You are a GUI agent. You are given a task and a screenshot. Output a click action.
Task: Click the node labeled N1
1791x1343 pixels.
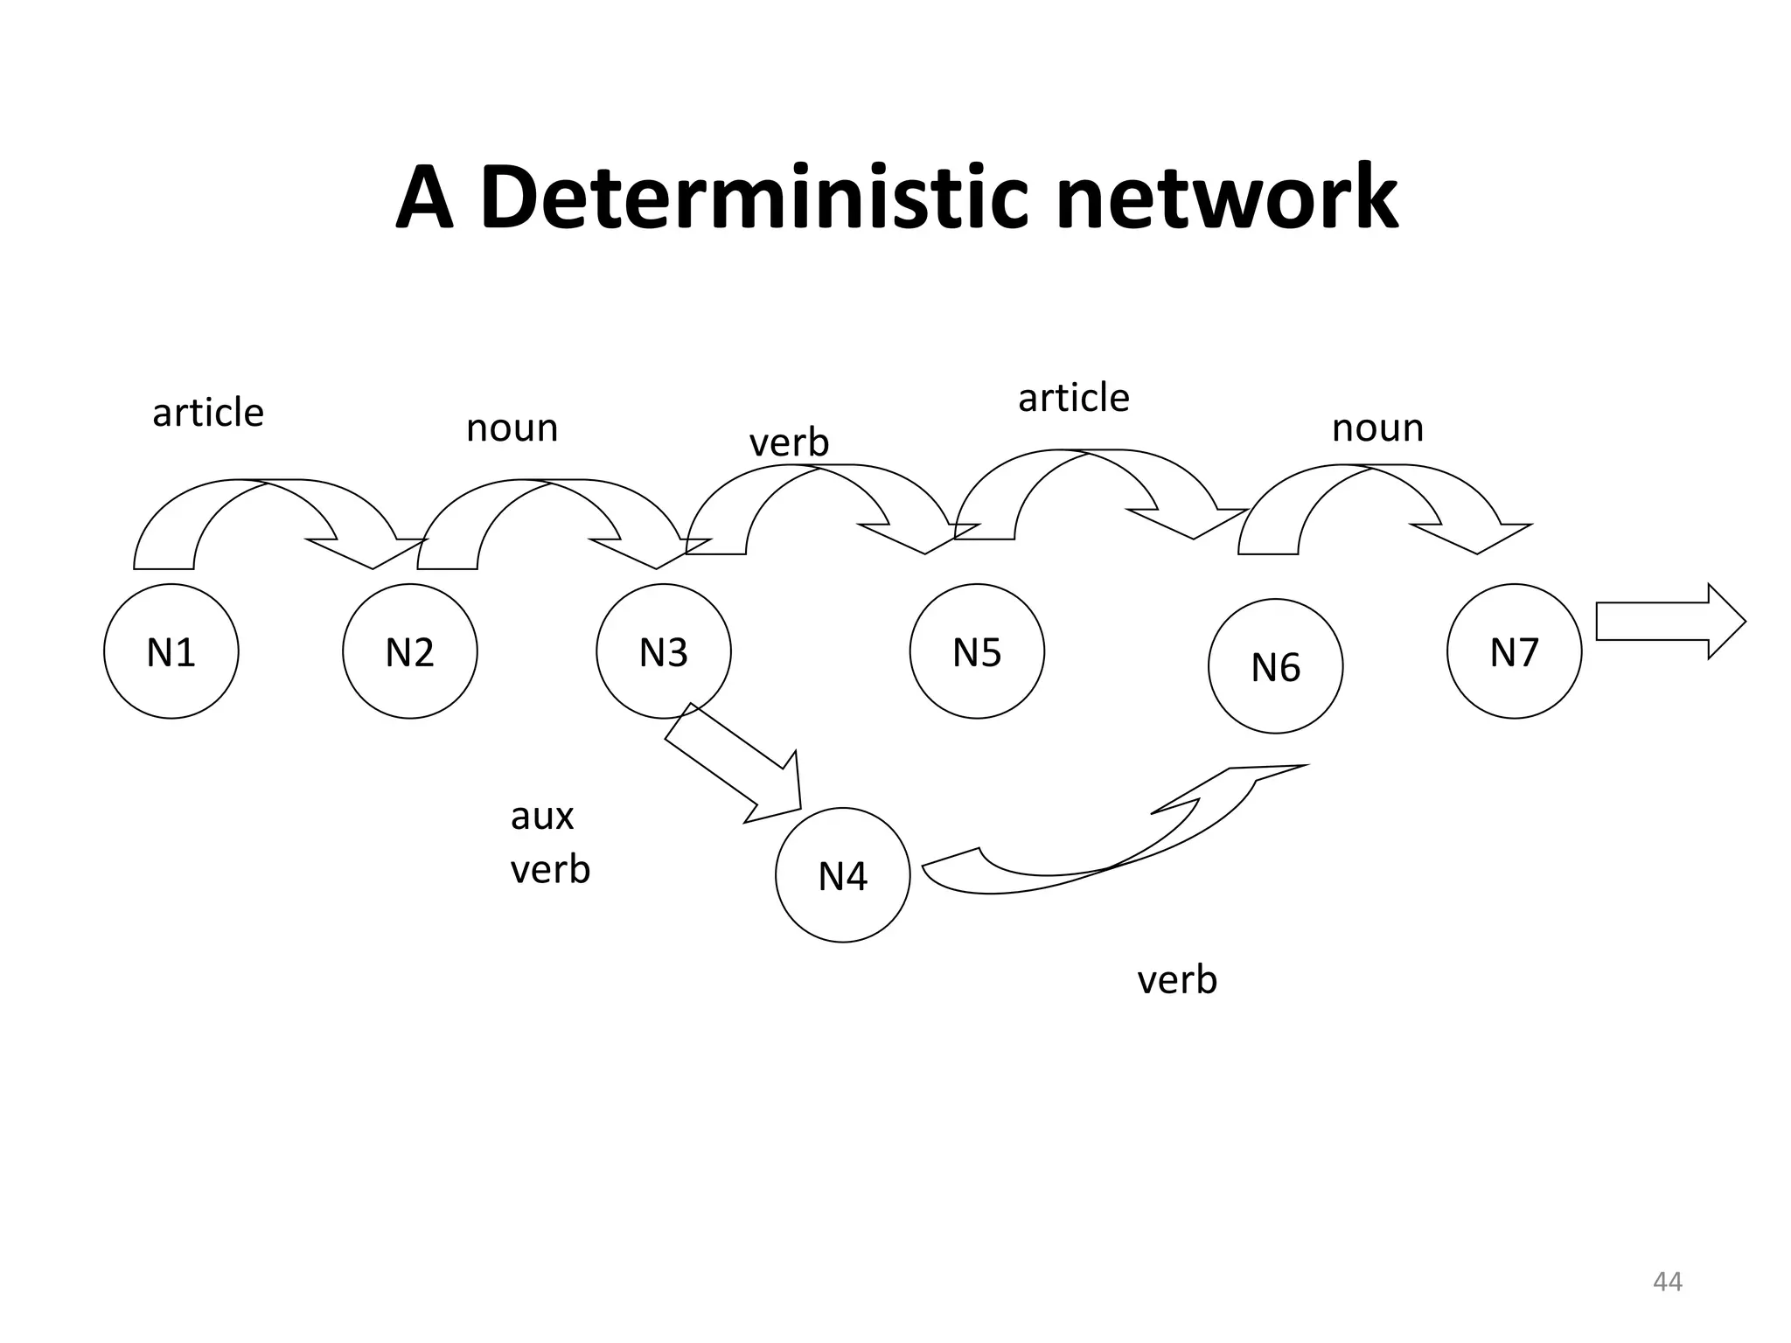point(171,651)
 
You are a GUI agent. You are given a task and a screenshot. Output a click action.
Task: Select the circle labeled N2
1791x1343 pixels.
point(409,651)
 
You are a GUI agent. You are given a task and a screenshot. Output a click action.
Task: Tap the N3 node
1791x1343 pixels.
point(663,651)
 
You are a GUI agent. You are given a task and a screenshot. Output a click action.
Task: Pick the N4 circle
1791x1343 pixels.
point(842,874)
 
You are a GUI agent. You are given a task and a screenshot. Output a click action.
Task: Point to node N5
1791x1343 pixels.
point(976,651)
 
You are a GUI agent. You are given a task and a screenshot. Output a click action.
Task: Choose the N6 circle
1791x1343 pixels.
point(1275,666)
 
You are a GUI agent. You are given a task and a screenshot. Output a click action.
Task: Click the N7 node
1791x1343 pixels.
point(1514,651)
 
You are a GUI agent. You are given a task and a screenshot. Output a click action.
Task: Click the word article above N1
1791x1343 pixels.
point(207,412)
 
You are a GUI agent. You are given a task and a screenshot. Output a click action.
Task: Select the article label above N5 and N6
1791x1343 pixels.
point(1073,397)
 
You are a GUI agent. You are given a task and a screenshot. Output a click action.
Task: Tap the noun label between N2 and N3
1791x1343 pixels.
point(512,428)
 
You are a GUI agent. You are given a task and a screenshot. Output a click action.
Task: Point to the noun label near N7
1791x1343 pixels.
point(1377,428)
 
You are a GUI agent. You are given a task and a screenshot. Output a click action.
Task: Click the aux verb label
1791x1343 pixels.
point(549,842)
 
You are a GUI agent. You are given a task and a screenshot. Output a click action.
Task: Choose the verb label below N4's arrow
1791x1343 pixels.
point(1176,979)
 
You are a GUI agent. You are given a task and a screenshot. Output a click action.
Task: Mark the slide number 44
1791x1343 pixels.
point(1667,1282)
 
